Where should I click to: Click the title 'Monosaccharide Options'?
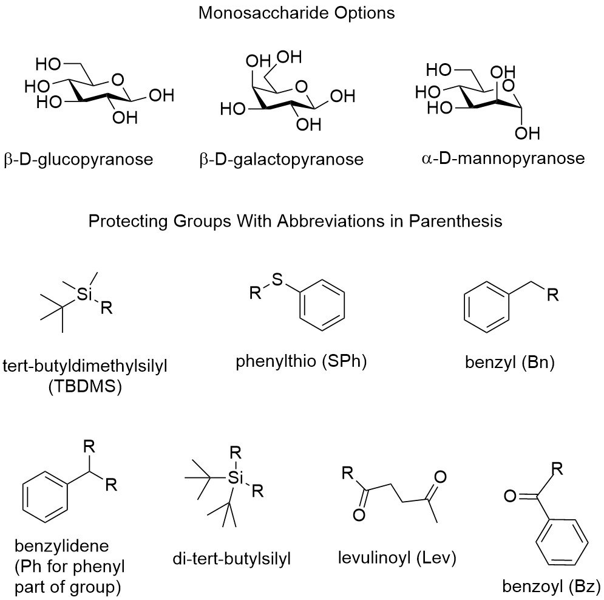tap(296, 13)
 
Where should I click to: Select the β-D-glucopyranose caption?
tap(78, 160)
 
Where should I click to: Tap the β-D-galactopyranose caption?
tap(280, 160)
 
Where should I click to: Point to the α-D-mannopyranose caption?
tap(502, 159)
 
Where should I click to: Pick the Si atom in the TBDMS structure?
tap(86, 294)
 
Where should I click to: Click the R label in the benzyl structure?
tap(552, 296)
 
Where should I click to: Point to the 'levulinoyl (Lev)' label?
tap(397, 557)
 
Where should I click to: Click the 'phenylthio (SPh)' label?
tap(302, 363)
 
